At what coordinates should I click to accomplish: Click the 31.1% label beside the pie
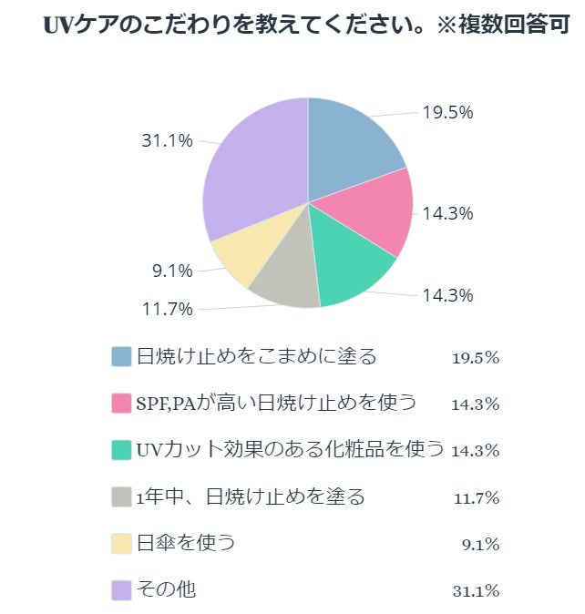tap(167, 140)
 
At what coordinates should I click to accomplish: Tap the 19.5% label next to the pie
tap(446, 112)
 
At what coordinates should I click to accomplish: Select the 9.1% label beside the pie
tap(171, 271)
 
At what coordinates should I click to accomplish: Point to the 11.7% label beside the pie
tap(168, 309)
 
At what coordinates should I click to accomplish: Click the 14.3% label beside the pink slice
tap(446, 213)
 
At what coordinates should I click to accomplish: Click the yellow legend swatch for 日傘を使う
tap(122, 544)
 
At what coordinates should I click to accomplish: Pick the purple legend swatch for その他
tap(122, 590)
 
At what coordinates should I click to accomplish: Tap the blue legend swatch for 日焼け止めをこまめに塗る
tap(122, 356)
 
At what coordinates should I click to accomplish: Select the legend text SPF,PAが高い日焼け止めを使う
tap(275, 403)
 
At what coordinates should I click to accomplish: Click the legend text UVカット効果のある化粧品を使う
tap(289, 449)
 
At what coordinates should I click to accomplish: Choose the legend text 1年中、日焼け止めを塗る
tap(250, 496)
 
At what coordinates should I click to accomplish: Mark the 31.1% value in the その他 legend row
tap(476, 591)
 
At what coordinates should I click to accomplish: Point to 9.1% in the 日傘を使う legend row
tap(480, 545)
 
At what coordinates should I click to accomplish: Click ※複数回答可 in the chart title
tap(500, 25)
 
